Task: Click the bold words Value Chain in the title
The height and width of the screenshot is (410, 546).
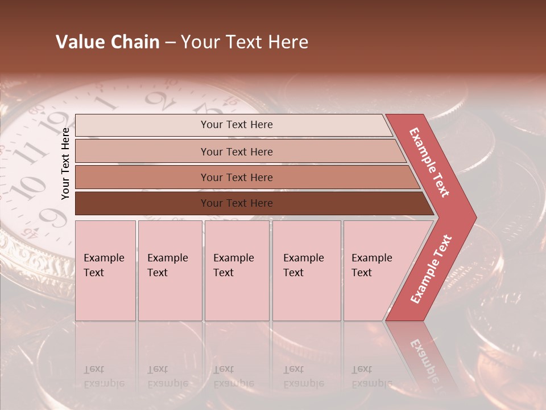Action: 107,42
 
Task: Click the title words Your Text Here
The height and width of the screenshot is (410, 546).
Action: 245,42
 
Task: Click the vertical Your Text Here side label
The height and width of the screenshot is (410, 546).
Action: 65,163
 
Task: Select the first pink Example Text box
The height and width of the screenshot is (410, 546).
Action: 105,270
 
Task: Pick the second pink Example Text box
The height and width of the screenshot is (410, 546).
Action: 169,270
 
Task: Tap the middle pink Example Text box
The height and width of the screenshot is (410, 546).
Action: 237,270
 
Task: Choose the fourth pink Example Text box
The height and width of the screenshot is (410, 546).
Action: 307,270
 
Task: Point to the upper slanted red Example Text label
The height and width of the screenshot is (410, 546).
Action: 429,162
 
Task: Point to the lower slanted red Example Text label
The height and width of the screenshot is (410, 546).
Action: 431,269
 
